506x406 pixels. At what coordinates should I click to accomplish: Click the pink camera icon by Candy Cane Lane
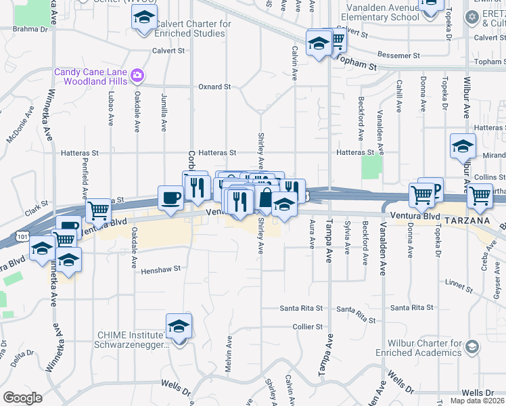click(137, 74)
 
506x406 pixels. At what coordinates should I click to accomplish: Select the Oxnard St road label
click(214, 87)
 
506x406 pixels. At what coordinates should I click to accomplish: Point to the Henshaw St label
click(162, 269)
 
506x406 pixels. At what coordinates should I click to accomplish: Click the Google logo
click(22, 397)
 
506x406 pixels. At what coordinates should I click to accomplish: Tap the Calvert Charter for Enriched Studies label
click(193, 28)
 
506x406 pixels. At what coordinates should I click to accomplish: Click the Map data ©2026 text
click(478, 401)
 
